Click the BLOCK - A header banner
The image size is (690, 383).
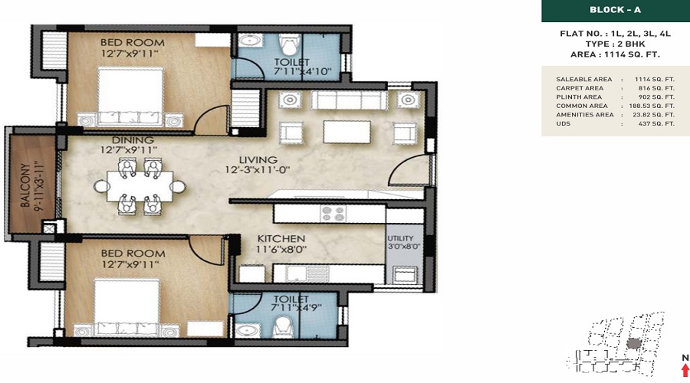coord(616,11)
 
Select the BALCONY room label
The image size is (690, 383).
coord(25,185)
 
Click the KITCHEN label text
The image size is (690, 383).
coord(281,239)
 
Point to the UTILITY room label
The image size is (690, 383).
coord(400,238)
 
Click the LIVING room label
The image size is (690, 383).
coord(258,159)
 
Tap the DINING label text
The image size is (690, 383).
coord(133,140)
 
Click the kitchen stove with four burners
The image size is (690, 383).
coord(333,213)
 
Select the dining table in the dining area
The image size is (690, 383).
coord(140,186)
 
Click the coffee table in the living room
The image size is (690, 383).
coord(347,132)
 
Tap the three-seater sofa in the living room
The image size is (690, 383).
coord(349,100)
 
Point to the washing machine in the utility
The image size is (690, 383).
coord(404,275)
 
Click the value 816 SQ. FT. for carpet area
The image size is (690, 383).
coord(656,88)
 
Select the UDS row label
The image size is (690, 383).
coord(563,123)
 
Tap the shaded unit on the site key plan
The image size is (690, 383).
coord(632,343)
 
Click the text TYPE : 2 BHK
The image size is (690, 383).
coord(615,44)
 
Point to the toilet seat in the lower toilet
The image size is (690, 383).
coord(281,327)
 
